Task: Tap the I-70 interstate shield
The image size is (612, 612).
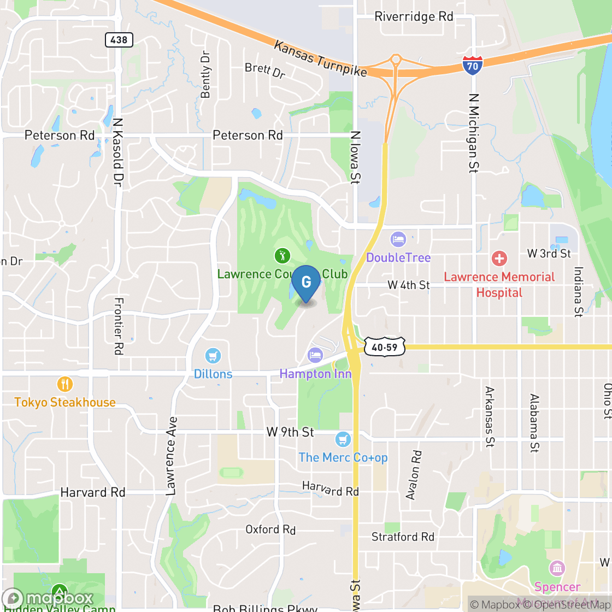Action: pyautogui.click(x=472, y=65)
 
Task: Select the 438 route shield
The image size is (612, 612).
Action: pyautogui.click(x=119, y=39)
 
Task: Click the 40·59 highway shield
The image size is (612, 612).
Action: pyautogui.click(x=385, y=346)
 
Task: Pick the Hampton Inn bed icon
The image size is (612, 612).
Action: pyautogui.click(x=315, y=356)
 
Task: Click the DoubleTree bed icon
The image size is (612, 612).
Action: pyautogui.click(x=398, y=239)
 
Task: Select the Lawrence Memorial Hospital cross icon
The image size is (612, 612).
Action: pyautogui.click(x=499, y=258)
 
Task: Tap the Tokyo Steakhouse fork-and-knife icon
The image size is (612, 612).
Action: pyautogui.click(x=65, y=384)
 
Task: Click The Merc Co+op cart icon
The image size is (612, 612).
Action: pyautogui.click(x=343, y=439)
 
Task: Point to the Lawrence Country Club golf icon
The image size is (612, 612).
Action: pyautogui.click(x=282, y=255)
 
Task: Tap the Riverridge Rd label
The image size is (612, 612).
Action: pyautogui.click(x=414, y=16)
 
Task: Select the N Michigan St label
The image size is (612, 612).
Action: pyautogui.click(x=474, y=133)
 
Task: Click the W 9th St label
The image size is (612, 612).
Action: pyautogui.click(x=290, y=432)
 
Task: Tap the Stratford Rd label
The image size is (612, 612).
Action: pyautogui.click(x=403, y=537)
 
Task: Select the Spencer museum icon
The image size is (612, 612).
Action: pyautogui.click(x=557, y=568)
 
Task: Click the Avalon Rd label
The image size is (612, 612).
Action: pyautogui.click(x=414, y=475)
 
